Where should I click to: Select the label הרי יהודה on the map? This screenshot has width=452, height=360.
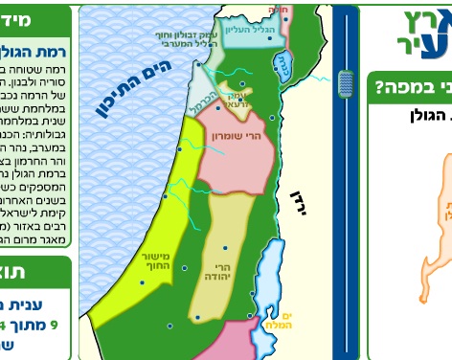tap(219, 271)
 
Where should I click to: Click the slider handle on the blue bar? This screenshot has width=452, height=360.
tap(346, 84)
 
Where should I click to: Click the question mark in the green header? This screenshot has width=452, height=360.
tap(379, 89)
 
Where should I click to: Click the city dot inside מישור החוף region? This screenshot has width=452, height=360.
tap(142, 282)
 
